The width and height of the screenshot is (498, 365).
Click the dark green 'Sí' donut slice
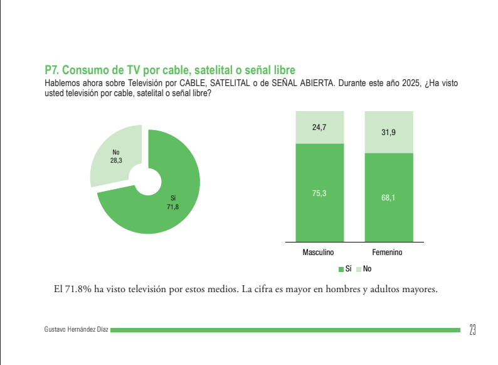tap(169, 207)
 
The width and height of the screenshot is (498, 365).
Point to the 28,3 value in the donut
tap(116, 161)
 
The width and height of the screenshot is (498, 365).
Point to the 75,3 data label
tap(319, 193)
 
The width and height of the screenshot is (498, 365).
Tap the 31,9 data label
tap(388, 133)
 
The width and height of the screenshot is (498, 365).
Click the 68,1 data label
tap(388, 198)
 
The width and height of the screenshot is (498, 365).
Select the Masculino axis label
tap(319, 253)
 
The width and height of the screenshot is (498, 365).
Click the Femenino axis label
tap(387, 253)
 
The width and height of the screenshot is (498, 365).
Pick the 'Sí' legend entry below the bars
tap(345, 269)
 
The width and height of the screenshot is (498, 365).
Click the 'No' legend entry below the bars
tap(364, 269)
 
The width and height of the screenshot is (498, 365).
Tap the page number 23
tap(472, 329)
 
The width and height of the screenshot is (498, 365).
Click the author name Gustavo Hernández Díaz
tap(77, 330)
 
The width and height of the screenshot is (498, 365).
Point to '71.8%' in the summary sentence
tap(78, 290)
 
